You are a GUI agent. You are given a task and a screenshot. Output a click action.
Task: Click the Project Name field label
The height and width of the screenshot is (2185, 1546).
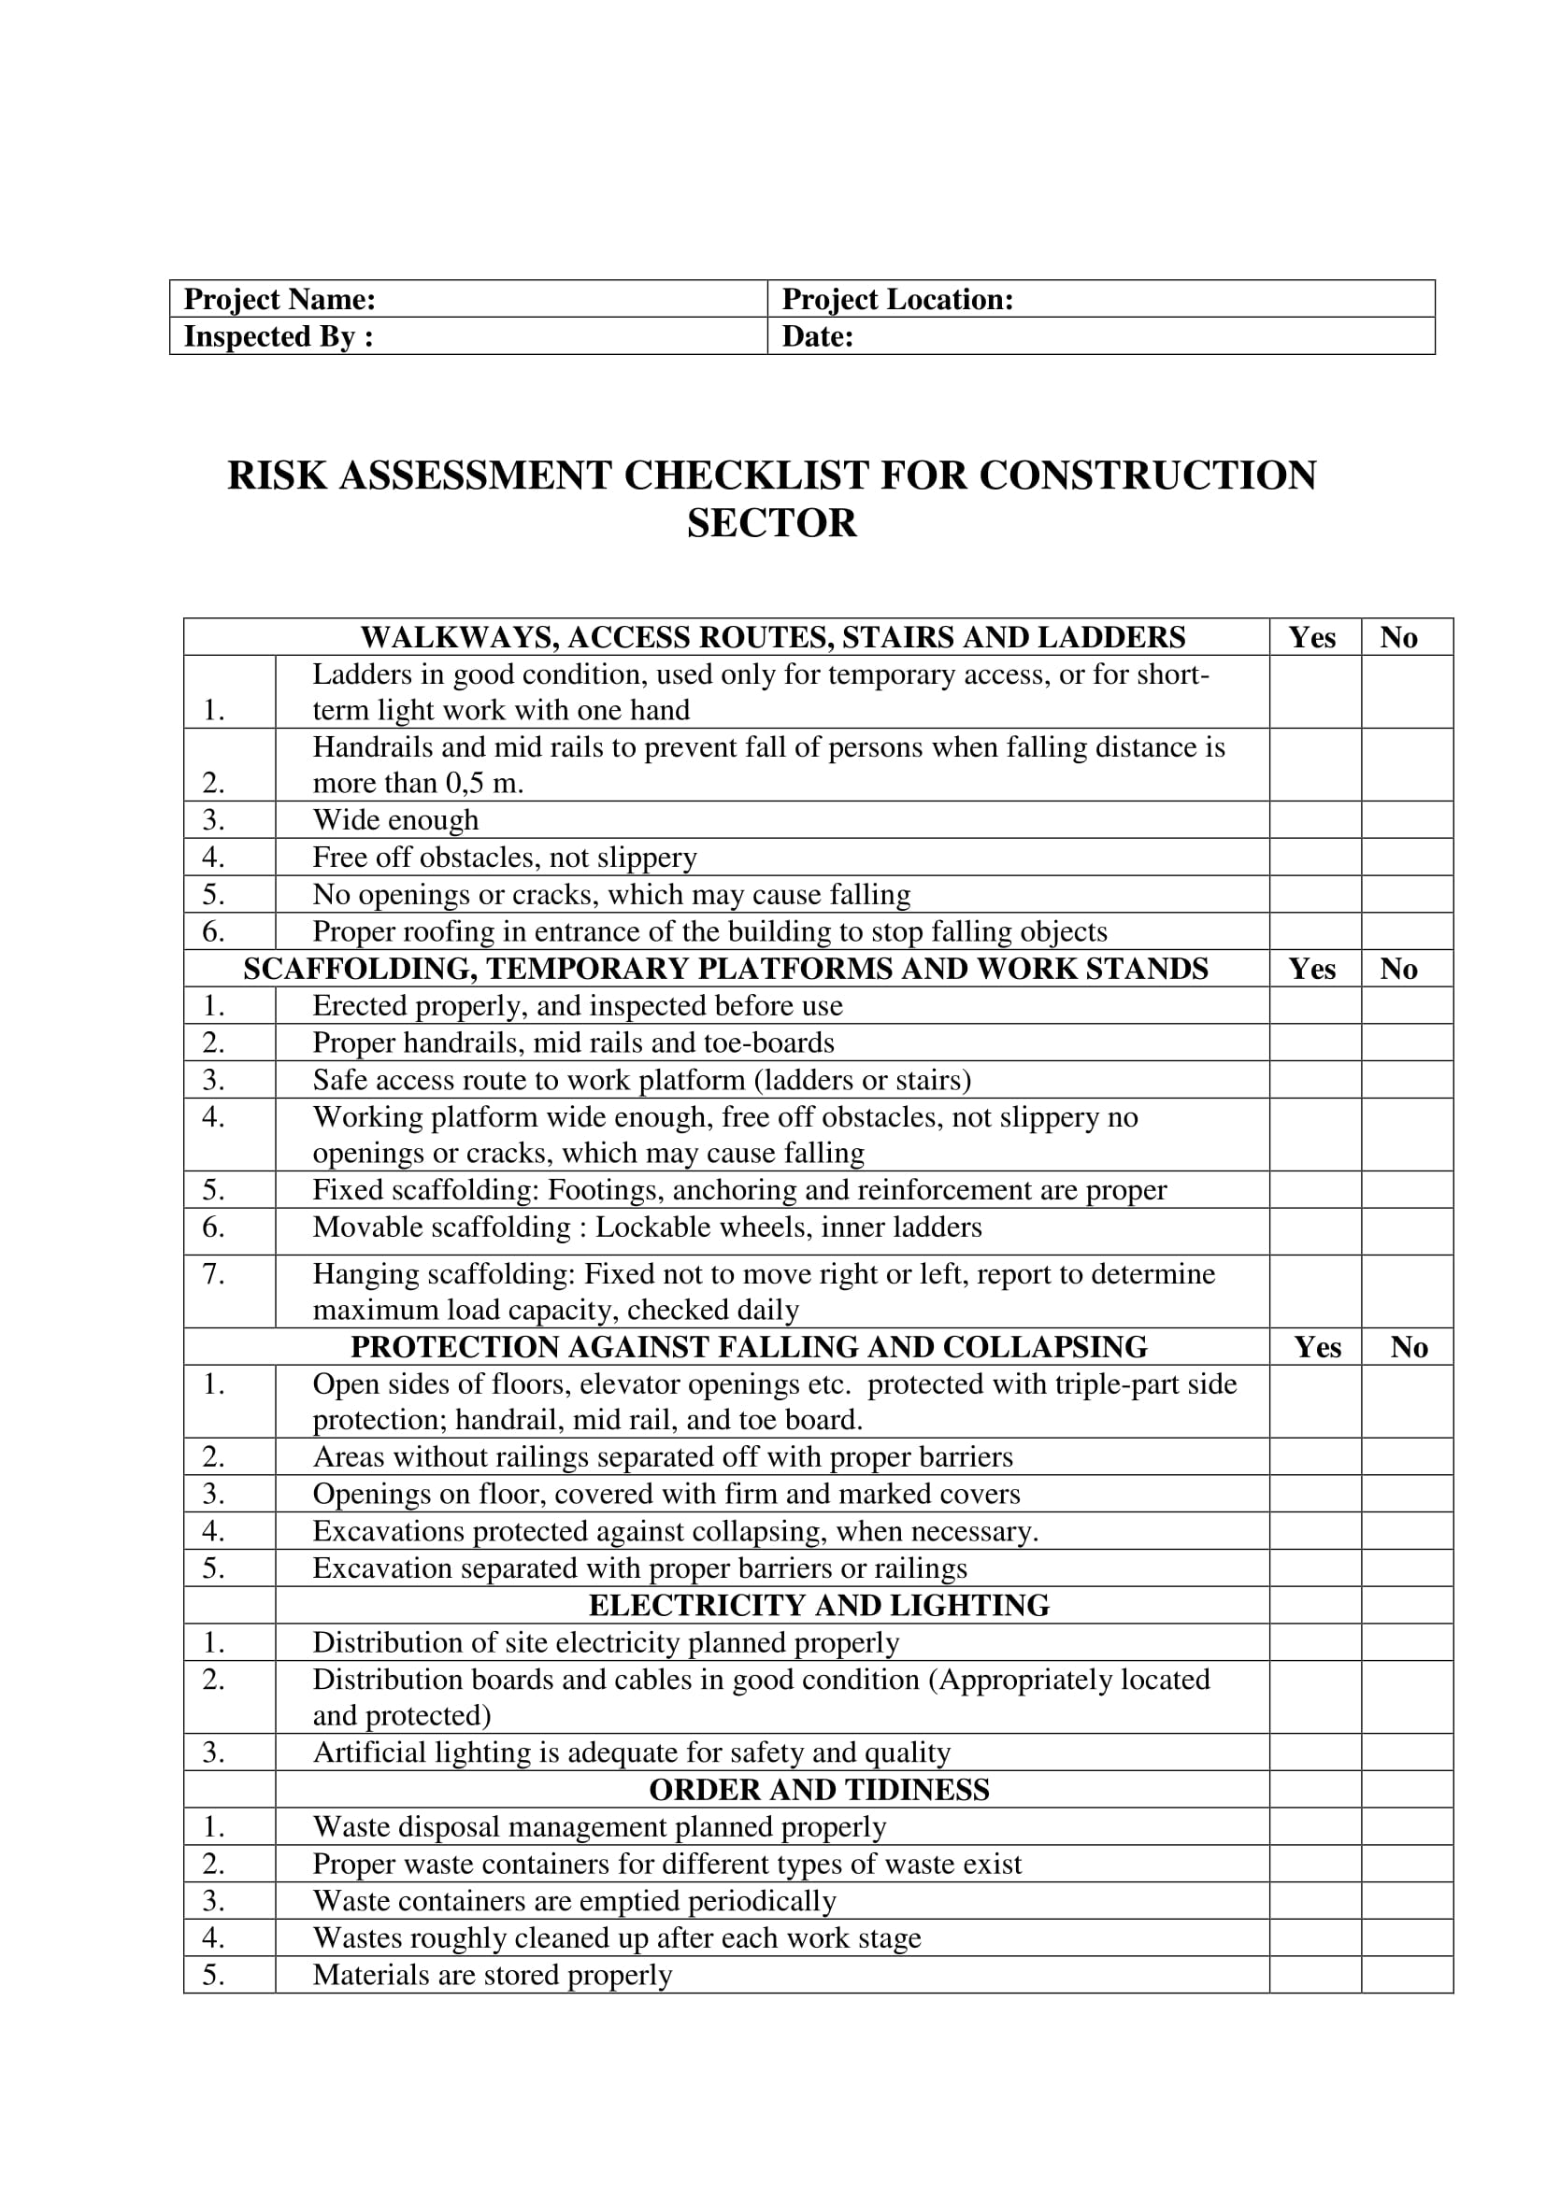(x=279, y=300)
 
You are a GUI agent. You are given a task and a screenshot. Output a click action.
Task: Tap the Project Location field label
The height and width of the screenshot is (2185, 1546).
(x=896, y=300)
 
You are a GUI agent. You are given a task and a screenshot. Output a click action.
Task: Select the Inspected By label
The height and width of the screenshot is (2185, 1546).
(x=277, y=337)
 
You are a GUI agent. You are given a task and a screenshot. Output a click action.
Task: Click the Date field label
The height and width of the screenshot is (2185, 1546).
(x=817, y=337)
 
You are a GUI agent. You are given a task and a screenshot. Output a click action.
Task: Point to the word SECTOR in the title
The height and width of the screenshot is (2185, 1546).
(x=771, y=523)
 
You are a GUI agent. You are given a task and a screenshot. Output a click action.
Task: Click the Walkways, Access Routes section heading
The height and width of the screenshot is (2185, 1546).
(x=772, y=637)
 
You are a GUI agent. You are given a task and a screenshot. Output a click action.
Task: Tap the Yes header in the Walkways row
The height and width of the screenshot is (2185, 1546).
(x=1311, y=638)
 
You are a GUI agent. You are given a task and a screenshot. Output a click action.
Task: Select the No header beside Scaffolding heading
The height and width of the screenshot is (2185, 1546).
(x=1398, y=969)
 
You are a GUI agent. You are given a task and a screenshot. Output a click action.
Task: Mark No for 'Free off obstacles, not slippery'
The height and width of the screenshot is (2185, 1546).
(x=1406, y=858)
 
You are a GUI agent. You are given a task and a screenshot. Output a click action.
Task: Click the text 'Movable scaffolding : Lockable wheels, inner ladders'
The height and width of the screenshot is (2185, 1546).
(x=647, y=1227)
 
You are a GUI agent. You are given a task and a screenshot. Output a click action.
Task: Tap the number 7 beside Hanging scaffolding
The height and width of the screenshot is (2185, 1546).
(x=213, y=1273)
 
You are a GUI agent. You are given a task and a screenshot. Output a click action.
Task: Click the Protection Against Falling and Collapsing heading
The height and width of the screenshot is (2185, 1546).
(x=749, y=1348)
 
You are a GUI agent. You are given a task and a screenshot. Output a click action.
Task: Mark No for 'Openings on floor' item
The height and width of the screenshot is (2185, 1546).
(x=1406, y=1494)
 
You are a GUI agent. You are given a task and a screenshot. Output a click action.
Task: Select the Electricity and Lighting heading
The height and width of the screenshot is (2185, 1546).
(x=818, y=1607)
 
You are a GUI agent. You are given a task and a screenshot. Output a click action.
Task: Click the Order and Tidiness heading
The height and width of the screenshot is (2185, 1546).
(x=818, y=1790)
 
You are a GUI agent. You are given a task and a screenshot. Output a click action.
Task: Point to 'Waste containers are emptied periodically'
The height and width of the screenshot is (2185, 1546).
(x=574, y=1901)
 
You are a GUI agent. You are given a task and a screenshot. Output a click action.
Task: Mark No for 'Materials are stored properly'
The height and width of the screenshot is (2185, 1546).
(x=1406, y=1976)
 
